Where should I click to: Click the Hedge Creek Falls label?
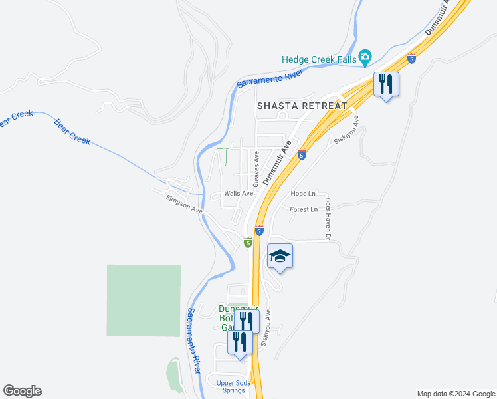coord(319,59)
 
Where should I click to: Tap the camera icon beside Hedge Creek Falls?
coord(365,58)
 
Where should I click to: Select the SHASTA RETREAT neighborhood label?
coord(302,106)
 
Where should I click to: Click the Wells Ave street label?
coord(239,194)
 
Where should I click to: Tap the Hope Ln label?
coord(303,194)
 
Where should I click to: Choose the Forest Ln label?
coord(304,209)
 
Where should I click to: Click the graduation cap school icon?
coord(280,256)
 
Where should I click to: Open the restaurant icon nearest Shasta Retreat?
coord(386,84)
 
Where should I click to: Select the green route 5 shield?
coord(247,243)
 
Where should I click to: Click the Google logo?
coord(22,391)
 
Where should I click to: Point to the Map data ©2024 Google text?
coord(455,394)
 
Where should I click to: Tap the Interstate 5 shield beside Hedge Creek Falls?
coord(412,59)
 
